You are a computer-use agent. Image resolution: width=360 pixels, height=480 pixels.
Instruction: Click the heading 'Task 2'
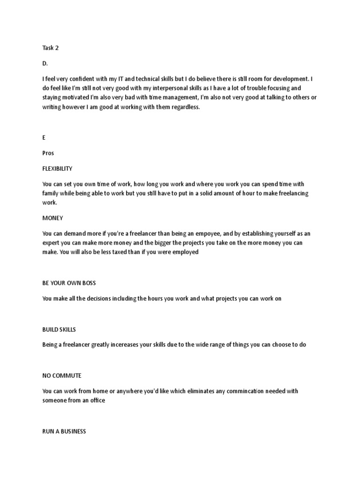(51, 48)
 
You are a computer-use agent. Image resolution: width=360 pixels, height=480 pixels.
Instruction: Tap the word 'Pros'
(48, 153)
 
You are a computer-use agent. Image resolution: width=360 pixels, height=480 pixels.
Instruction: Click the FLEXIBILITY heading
(57, 168)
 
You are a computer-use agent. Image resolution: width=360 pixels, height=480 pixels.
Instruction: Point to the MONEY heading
(52, 218)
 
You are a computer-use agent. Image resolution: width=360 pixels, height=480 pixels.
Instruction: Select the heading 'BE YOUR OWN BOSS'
(68, 283)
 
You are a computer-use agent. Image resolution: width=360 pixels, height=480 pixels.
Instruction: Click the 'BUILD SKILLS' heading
(59, 330)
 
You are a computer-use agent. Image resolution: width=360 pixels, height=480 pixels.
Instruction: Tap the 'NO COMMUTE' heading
(61, 375)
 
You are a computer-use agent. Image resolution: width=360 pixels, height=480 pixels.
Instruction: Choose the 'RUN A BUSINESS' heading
(64, 431)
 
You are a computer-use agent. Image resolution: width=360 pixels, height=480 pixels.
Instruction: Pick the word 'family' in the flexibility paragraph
(51, 193)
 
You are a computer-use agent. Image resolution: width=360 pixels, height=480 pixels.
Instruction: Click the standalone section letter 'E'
(44, 138)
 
